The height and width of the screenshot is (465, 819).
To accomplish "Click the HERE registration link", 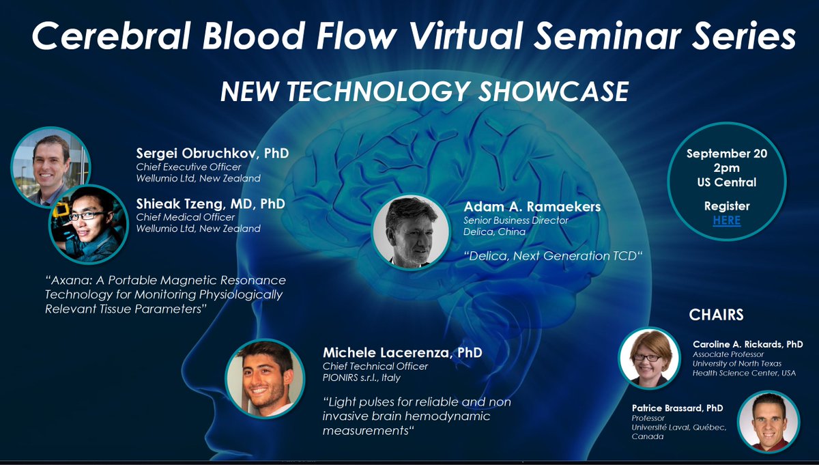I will (x=726, y=221).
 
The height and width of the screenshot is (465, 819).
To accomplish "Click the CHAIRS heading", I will (x=716, y=315).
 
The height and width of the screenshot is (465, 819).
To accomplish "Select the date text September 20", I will (x=726, y=154).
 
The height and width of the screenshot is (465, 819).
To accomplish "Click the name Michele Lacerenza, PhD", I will (x=403, y=353).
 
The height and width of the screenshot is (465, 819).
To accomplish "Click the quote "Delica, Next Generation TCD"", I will (x=554, y=256).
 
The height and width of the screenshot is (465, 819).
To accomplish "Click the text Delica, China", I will (x=494, y=231).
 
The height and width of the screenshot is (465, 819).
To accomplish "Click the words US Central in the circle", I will (x=726, y=182).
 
